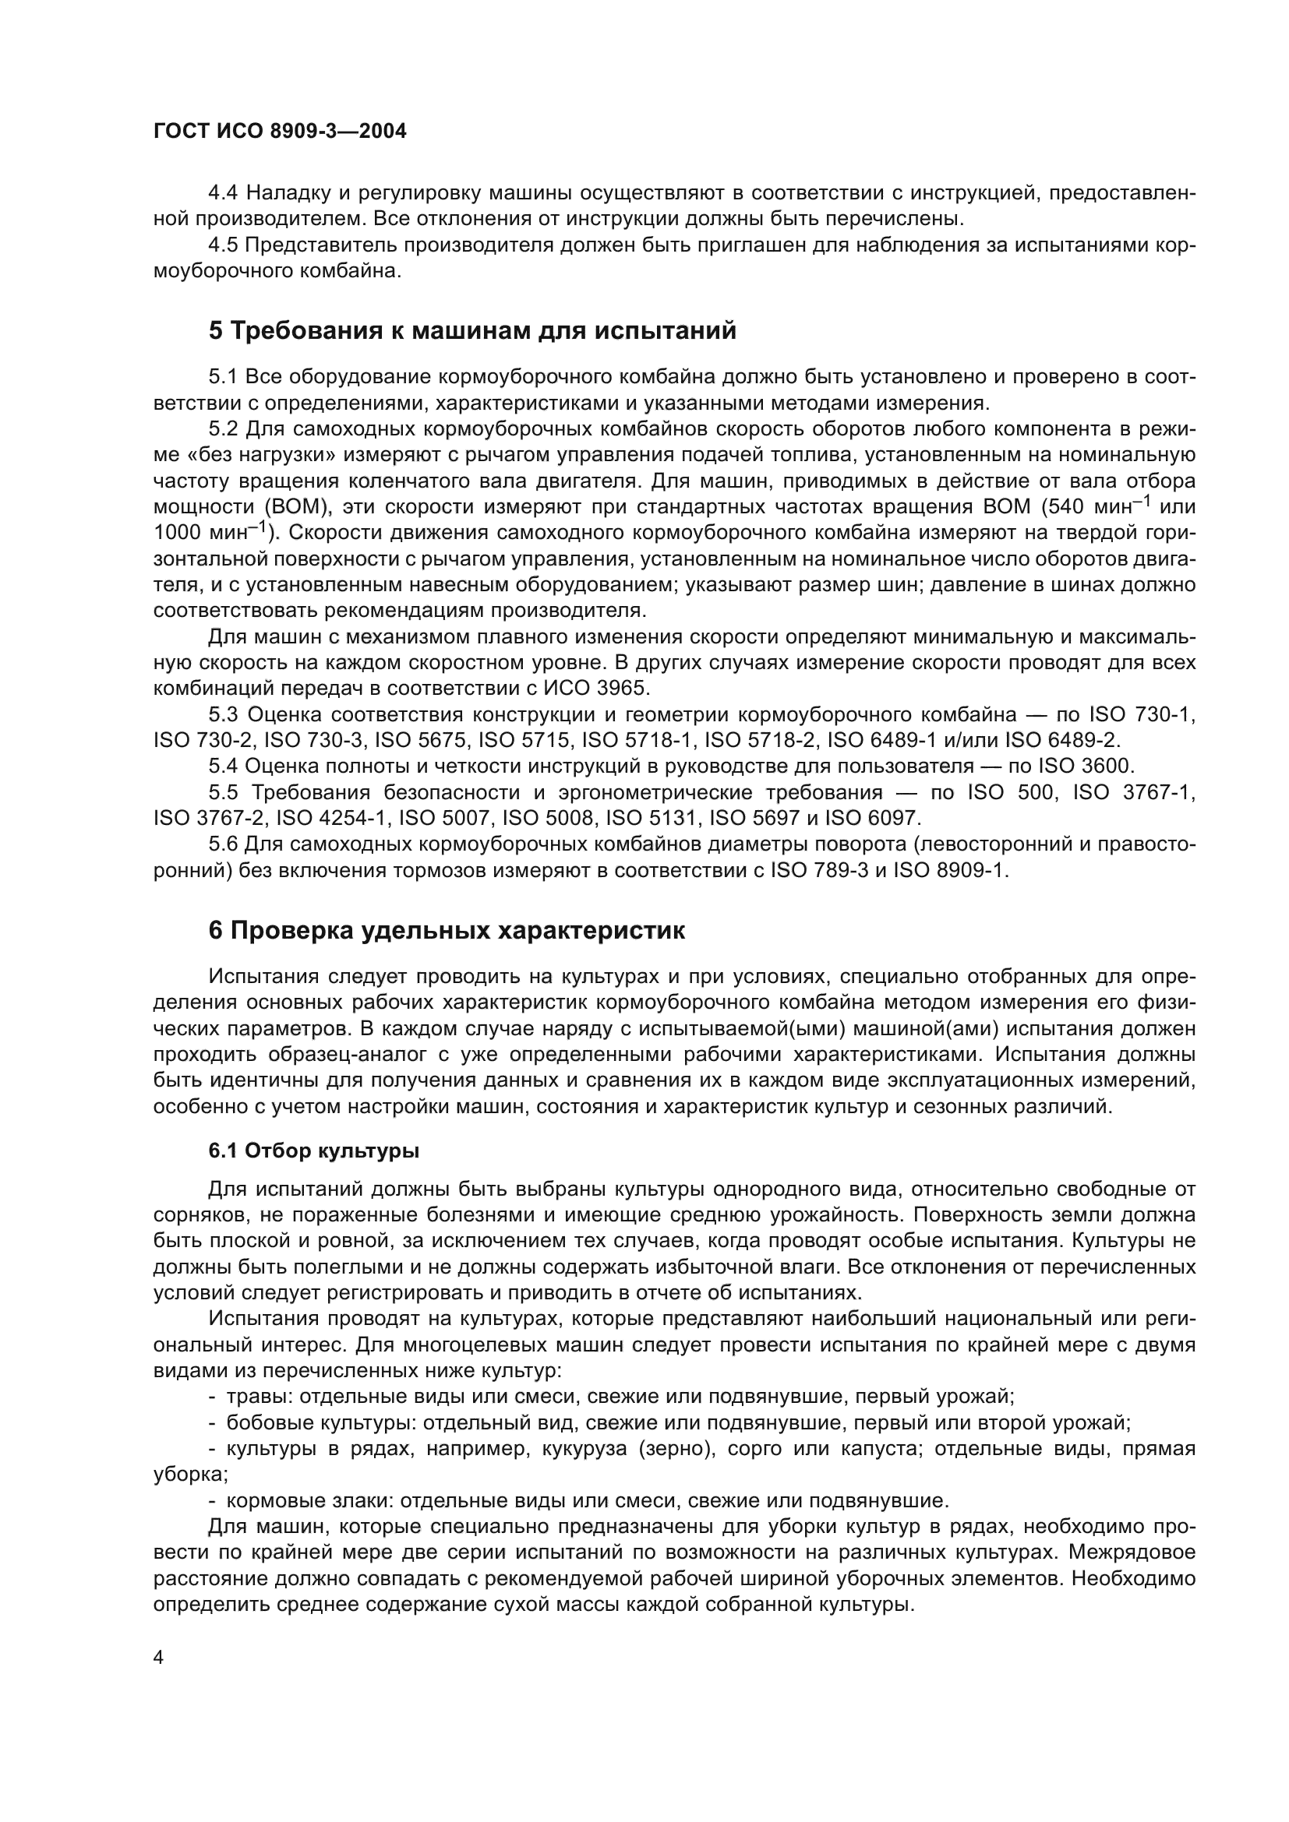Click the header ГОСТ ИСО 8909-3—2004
pos(280,132)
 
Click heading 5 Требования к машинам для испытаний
pos(472,330)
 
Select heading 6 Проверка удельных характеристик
pos(446,930)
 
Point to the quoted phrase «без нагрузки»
pos(252,455)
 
